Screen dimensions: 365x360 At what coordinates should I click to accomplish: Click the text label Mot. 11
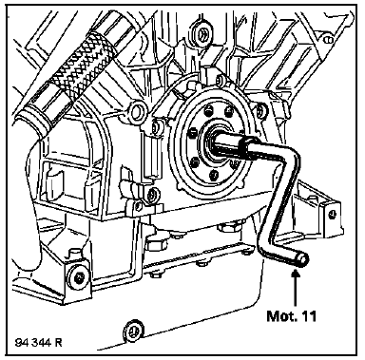(x=292, y=315)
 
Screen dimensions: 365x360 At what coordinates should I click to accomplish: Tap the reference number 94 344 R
(x=39, y=343)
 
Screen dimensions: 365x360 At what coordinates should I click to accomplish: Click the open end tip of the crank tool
(x=303, y=259)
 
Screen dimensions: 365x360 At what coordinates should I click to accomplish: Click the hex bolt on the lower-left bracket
(x=78, y=277)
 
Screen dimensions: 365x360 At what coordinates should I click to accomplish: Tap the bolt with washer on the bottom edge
(x=134, y=332)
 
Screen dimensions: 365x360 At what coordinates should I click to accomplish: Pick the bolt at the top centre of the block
(x=202, y=32)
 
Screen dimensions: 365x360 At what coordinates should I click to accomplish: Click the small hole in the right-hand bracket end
(x=332, y=214)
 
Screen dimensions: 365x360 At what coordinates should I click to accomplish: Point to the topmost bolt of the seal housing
(x=221, y=81)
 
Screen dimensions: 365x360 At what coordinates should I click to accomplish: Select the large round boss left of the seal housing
(x=139, y=110)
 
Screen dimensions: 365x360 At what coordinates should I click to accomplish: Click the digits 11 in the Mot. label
(x=310, y=315)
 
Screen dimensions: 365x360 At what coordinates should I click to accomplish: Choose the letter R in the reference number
(x=59, y=343)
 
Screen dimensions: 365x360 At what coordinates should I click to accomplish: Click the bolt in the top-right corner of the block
(x=329, y=40)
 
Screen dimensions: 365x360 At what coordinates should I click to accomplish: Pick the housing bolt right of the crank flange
(x=259, y=110)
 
